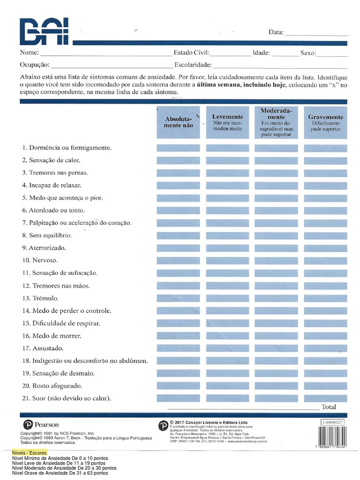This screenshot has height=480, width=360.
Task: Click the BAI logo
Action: click(44, 31)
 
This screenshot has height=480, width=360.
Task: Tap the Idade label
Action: click(261, 53)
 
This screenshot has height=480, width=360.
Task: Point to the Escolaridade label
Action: click(193, 65)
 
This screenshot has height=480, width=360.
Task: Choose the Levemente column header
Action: click(227, 122)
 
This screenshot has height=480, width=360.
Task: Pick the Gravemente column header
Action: click(325, 122)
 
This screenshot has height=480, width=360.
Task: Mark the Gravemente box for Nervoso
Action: click(325, 261)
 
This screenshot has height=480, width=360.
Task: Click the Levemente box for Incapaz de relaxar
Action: click(227, 186)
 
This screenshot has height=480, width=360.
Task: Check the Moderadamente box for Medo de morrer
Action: click(276, 336)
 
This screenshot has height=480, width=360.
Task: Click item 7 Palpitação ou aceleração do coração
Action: click(76, 223)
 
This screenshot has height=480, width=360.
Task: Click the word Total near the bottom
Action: click(329, 406)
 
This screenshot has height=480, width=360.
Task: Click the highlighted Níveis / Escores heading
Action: click(30, 453)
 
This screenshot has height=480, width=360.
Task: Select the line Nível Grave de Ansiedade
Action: click(60, 473)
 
